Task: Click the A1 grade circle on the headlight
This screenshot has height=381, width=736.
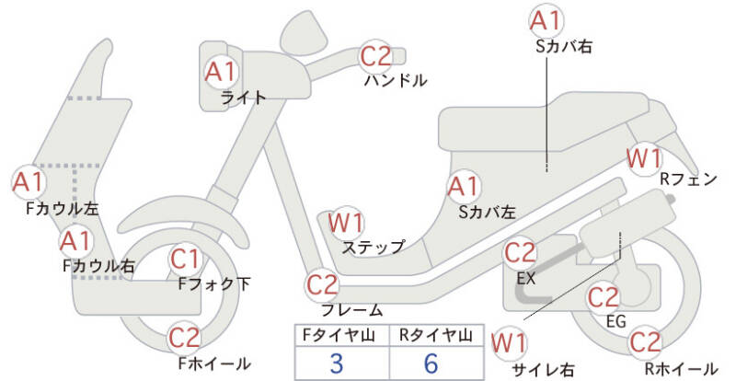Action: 221,71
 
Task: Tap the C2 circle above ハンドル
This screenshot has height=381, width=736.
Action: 376,56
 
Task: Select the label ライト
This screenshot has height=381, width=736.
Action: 244,97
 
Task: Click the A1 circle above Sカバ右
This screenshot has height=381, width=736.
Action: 546,20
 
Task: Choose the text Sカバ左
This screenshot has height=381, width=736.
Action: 486,212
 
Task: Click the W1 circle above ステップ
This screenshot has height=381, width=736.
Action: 347,222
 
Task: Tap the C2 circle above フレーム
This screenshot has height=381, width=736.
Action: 323,283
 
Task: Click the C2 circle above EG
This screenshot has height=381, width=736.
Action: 604,297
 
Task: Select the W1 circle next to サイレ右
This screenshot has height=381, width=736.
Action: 509,343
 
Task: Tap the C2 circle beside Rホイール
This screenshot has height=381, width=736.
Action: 646,342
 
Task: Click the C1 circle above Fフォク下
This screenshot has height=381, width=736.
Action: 186,259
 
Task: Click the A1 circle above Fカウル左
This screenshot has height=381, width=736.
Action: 28,180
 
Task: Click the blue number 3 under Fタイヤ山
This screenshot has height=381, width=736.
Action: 337,363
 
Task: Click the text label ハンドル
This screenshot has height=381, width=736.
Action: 396,80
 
